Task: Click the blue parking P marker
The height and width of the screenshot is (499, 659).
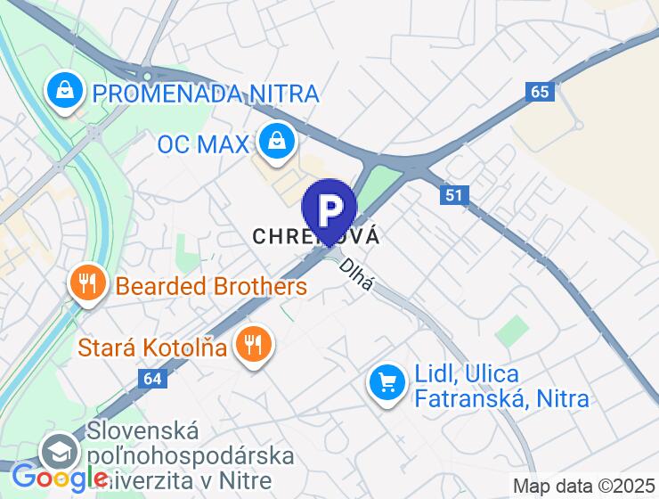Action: pyautogui.click(x=329, y=210)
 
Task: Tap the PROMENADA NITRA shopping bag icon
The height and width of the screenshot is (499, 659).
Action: pyautogui.click(x=65, y=90)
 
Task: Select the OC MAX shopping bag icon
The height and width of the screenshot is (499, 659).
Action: pyautogui.click(x=277, y=140)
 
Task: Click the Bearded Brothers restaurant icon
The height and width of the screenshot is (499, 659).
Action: pyautogui.click(x=86, y=284)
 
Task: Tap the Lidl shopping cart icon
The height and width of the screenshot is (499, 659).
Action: pyautogui.click(x=387, y=384)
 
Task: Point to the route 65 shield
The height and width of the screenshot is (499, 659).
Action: pyautogui.click(x=539, y=92)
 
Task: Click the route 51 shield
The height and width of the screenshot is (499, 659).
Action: pyautogui.click(x=454, y=195)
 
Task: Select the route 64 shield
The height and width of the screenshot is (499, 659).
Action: pyautogui.click(x=152, y=379)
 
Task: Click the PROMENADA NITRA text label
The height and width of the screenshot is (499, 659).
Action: pyautogui.click(x=206, y=93)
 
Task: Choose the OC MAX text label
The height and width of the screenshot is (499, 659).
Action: pyautogui.click(x=202, y=143)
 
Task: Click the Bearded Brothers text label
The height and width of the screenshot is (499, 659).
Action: pyautogui.click(x=211, y=287)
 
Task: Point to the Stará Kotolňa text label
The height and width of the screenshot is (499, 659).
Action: pyautogui.click(x=153, y=347)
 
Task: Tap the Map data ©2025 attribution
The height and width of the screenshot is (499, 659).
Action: pyautogui.click(x=583, y=487)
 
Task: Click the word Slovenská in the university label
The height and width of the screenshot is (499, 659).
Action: pyautogui.click(x=142, y=431)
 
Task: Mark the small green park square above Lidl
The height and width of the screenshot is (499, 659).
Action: pyautogui.click(x=512, y=331)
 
